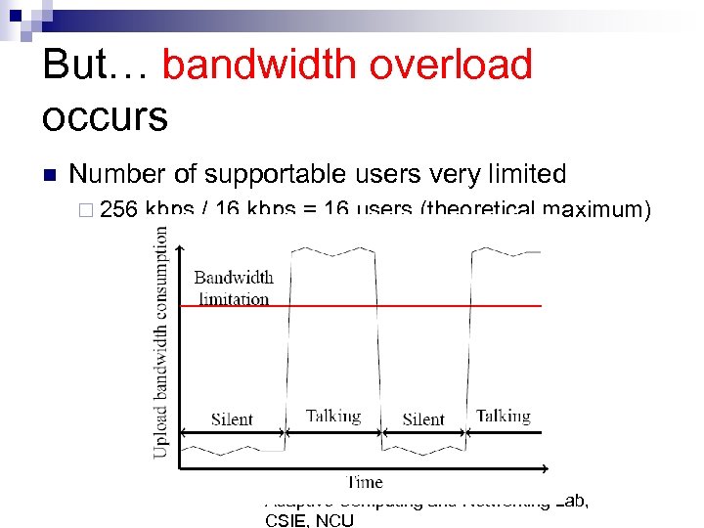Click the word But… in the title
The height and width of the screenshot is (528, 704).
pos(95,66)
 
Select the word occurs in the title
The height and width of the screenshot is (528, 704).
pos(105,116)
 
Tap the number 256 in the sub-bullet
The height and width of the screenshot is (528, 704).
pos(119,209)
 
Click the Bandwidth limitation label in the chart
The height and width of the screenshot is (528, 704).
pos(233,288)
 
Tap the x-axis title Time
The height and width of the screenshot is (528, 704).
pos(365,481)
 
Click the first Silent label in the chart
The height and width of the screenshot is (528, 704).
pos(232,419)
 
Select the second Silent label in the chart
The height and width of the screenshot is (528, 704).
pos(423,419)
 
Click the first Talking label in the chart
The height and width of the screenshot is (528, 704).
pos(333,416)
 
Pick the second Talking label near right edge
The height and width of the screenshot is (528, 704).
pos(503,416)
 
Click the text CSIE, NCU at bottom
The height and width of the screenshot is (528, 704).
pos(309,519)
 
